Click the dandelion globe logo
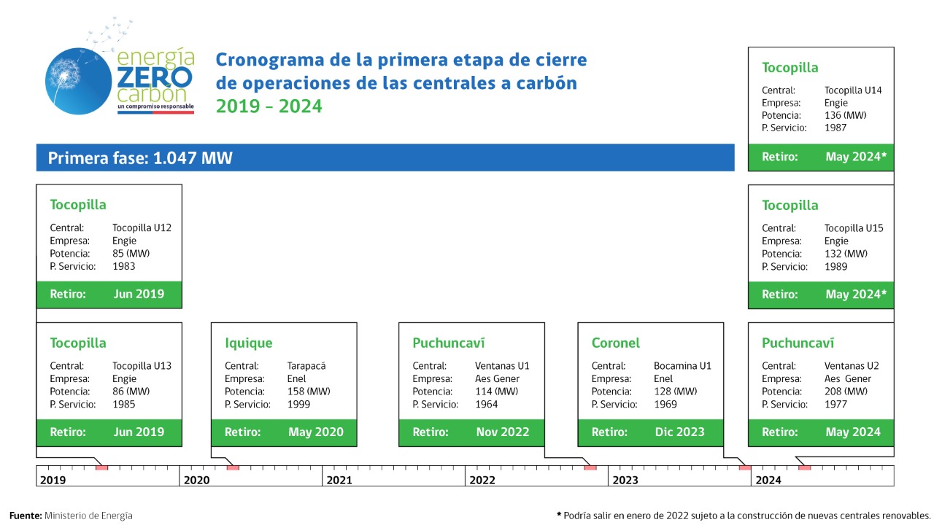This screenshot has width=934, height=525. [78, 81]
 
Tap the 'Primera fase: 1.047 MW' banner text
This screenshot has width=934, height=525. [140, 158]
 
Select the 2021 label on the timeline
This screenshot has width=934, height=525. [339, 480]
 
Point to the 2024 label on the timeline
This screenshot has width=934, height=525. [768, 480]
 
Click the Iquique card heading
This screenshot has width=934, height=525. [249, 343]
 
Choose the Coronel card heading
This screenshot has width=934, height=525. [615, 343]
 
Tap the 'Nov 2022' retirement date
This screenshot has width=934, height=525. [503, 432]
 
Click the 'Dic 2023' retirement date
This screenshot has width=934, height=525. [679, 432]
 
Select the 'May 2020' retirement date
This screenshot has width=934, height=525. [316, 432]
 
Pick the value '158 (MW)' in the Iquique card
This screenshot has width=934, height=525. [309, 392]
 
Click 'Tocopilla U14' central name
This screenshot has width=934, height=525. [853, 90]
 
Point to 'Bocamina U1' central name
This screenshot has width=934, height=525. [682, 366]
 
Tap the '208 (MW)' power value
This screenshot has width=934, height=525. [846, 392]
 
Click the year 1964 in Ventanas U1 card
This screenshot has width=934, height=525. [486, 404]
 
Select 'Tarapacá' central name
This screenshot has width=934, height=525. [306, 366]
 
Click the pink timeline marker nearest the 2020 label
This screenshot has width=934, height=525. [233, 468]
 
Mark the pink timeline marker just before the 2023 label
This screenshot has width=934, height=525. [590, 468]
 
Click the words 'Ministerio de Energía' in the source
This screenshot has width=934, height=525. [88, 516]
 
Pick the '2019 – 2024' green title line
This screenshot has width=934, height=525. [269, 106]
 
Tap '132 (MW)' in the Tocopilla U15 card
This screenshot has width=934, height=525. [846, 254]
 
